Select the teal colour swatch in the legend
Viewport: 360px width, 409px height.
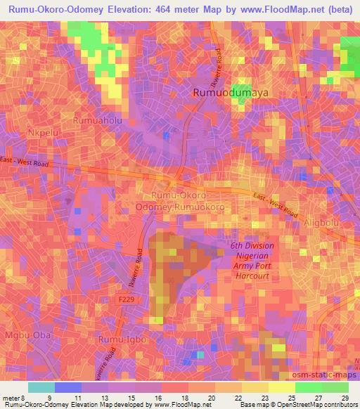pyautogui.click(x=41, y=387)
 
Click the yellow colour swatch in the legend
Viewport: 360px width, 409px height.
pyautogui.click(x=282, y=387)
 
